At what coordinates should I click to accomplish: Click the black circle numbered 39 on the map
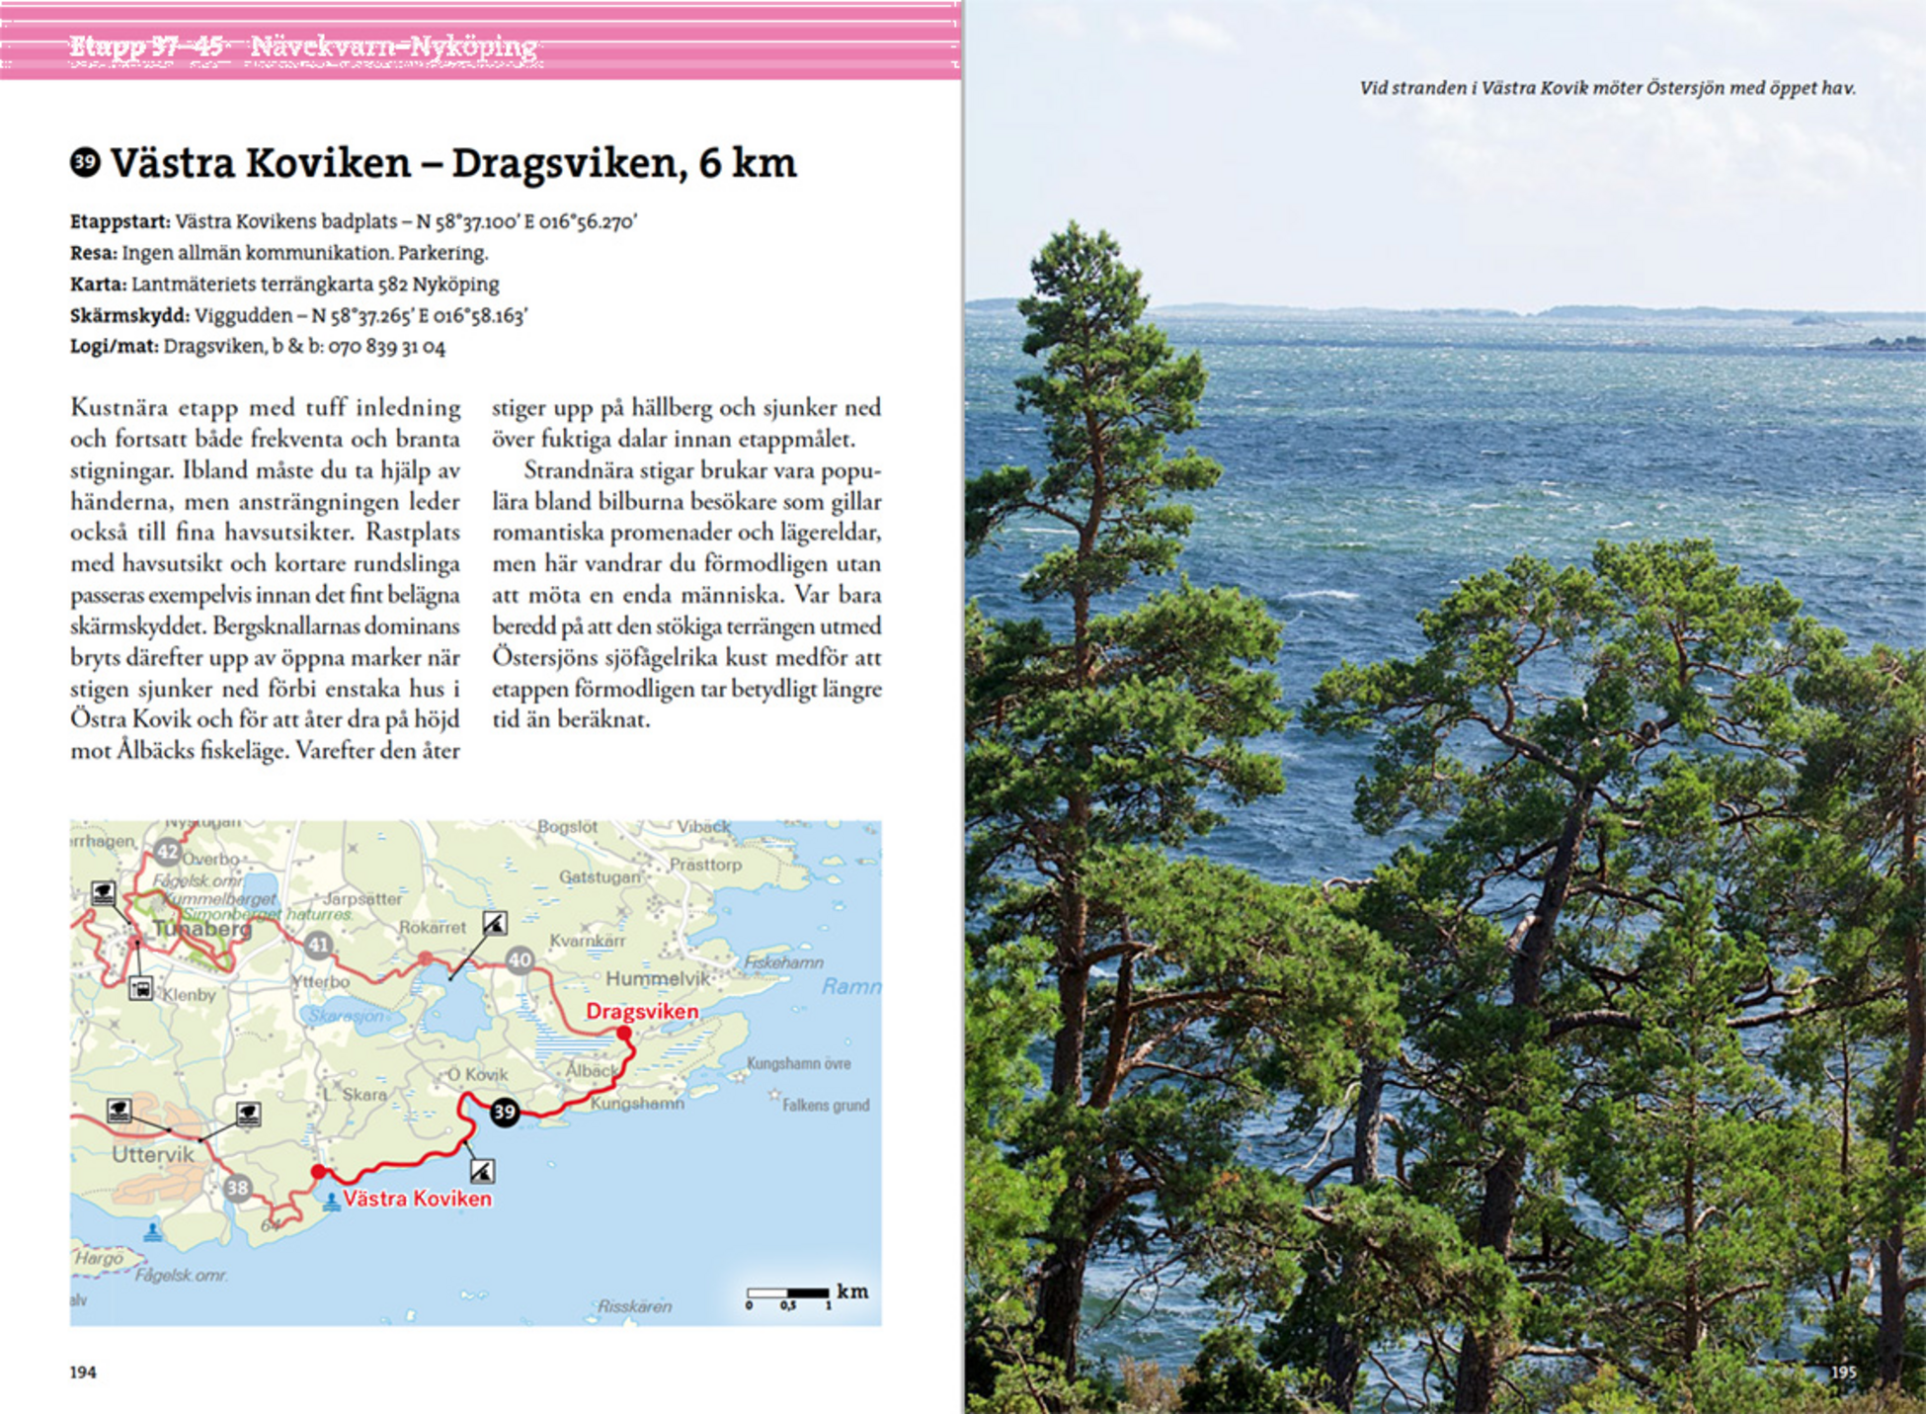pos(505,1112)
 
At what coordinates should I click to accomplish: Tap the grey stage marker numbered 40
pos(520,959)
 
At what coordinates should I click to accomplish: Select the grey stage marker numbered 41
pos(318,945)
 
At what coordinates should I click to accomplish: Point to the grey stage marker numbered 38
pos(238,1188)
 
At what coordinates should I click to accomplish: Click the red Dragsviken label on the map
pos(642,1012)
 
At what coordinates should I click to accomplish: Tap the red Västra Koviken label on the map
pos(417,1199)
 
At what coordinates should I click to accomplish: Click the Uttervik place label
pos(153,1154)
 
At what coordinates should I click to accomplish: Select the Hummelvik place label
pos(657,979)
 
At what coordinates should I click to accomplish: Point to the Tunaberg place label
pos(202,929)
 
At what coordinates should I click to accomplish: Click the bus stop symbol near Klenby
pos(141,988)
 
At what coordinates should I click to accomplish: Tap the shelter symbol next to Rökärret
pos(495,923)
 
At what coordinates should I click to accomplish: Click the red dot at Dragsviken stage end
pos(624,1034)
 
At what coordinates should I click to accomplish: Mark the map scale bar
pos(788,1292)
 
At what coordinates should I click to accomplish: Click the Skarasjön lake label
pos(346,1016)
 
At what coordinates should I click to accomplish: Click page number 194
pos(83,1372)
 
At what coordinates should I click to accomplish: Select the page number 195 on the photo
pos(1843,1372)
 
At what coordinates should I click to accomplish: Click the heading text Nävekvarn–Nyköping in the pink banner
pos(394,45)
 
